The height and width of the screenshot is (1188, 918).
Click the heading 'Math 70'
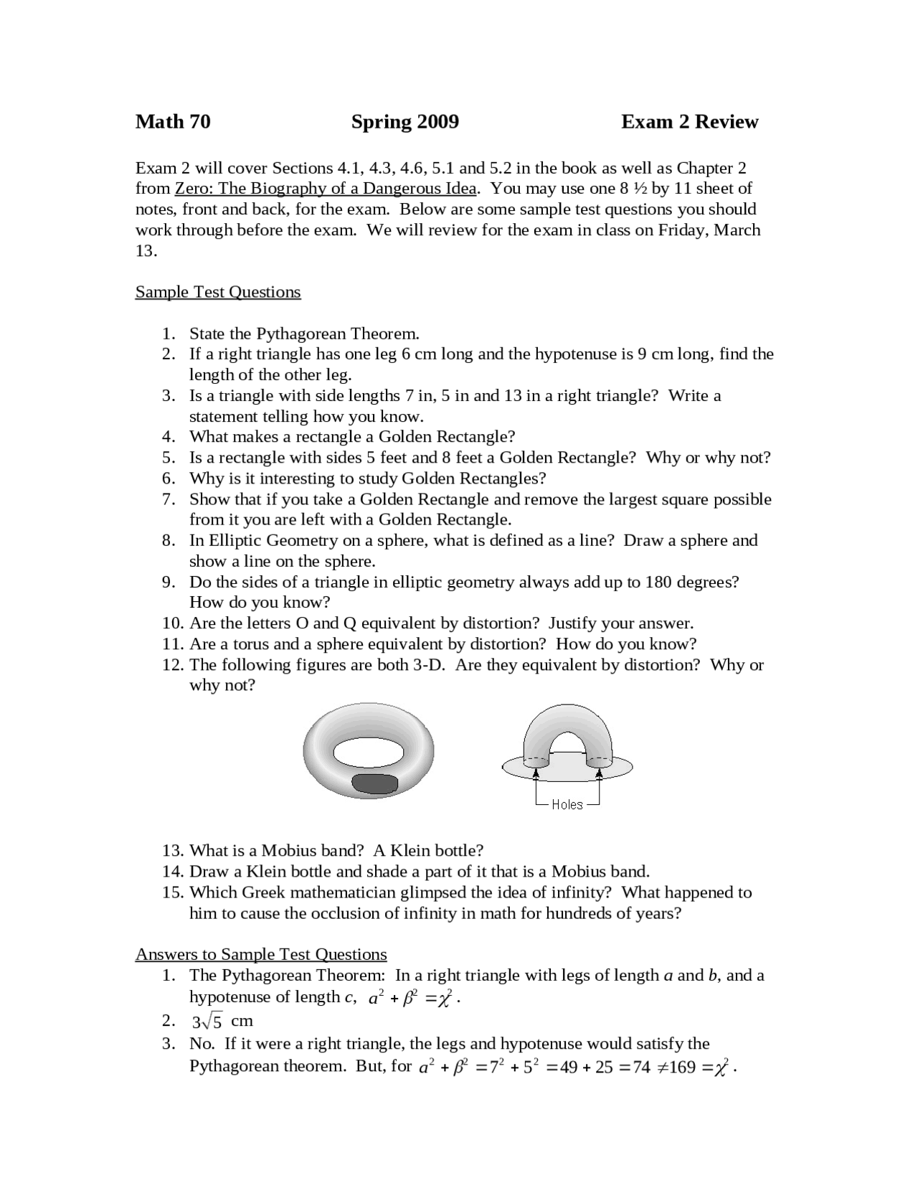point(173,122)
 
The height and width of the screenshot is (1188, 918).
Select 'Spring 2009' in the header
point(404,122)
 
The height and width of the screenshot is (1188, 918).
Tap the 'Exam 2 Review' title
point(689,122)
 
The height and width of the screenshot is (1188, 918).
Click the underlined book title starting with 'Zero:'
point(326,189)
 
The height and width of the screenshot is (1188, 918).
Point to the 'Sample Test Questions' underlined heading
point(218,292)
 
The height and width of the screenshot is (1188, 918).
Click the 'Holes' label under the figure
point(567,805)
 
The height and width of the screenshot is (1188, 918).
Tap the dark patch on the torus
point(374,784)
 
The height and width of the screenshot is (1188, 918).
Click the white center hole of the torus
point(367,753)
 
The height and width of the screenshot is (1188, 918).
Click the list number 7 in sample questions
point(169,499)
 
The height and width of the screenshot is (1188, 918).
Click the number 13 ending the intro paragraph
point(146,251)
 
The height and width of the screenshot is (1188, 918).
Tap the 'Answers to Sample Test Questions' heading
point(261,954)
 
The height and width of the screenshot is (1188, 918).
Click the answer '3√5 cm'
point(222,1021)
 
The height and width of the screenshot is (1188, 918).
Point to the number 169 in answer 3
point(682,1067)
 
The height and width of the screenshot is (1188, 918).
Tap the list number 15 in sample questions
point(173,892)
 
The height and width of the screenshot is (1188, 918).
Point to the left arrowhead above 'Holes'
point(536,771)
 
